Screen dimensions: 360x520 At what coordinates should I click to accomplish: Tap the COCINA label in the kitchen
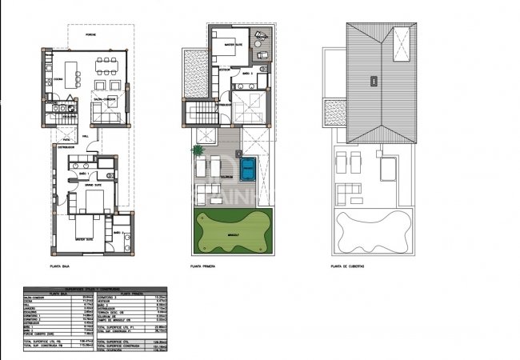58,79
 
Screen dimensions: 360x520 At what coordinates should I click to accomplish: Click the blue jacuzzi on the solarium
249,167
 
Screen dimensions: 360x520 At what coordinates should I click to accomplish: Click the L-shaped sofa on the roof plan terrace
350,194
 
